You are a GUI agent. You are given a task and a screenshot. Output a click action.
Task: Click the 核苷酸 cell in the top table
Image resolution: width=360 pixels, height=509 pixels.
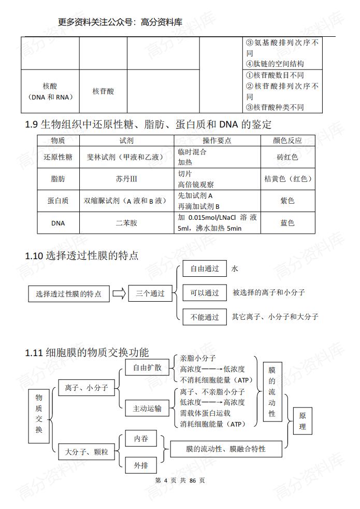click(103, 91)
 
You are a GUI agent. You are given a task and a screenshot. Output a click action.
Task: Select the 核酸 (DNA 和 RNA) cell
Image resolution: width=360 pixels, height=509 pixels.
click(50, 91)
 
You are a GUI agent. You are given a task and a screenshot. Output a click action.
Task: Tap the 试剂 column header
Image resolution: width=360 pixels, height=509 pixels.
click(126, 140)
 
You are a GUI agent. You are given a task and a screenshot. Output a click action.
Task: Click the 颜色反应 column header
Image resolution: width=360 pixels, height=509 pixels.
click(287, 140)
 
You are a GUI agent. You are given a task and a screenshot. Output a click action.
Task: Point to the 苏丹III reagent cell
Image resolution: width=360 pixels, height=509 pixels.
click(126, 179)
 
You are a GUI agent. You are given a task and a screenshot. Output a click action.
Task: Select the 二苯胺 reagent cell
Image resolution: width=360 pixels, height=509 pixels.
click(126, 223)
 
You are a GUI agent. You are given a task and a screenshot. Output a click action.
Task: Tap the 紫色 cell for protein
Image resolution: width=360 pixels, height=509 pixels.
click(287, 201)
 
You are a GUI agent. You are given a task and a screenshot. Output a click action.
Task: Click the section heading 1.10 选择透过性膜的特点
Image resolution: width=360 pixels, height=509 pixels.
click(82, 256)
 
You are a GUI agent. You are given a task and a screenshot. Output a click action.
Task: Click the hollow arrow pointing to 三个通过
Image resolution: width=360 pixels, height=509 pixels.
click(119, 293)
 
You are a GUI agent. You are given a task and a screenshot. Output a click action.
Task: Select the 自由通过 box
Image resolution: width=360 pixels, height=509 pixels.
click(205, 269)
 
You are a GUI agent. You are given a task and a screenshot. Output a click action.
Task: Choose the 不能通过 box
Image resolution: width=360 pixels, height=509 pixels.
click(205, 317)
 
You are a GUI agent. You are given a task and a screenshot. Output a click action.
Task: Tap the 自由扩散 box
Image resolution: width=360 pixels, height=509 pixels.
click(147, 368)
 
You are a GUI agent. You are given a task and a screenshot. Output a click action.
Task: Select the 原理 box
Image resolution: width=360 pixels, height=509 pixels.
click(303, 421)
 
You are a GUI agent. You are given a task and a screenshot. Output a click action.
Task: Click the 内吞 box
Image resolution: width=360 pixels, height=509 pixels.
click(141, 439)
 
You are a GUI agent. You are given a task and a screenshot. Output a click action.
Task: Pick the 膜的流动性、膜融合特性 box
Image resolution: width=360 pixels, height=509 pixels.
click(226, 449)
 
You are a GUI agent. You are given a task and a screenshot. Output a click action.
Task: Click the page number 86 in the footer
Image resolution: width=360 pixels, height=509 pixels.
click(193, 480)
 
